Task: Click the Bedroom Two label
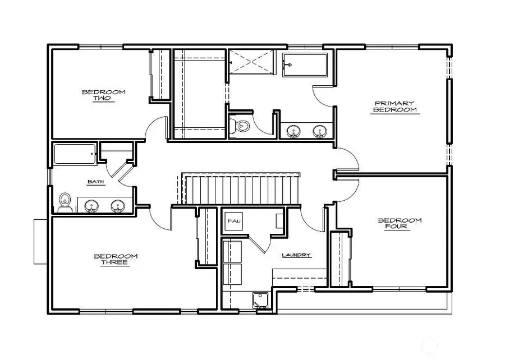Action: click(104, 95)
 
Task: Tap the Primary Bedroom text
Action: click(395, 107)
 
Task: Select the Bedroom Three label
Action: click(116, 259)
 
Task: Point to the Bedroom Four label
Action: click(400, 224)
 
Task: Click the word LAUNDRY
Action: click(296, 255)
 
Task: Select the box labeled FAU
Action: click(233, 221)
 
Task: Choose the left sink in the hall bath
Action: click(91, 206)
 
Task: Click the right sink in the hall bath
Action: click(118, 206)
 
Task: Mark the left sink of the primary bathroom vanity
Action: click(293, 132)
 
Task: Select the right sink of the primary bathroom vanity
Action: click(320, 132)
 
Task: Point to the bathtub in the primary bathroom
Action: click(305, 66)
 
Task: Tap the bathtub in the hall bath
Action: click(76, 154)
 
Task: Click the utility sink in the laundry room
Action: click(260, 299)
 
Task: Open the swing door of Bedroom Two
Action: click(155, 128)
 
